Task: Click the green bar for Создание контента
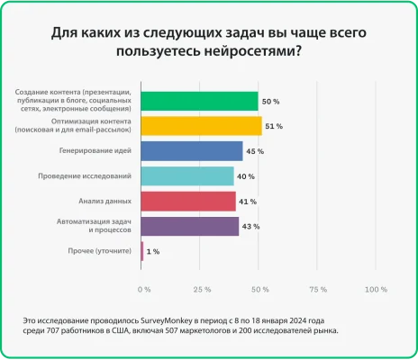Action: pyautogui.click(x=200, y=101)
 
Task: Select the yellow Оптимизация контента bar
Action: pyautogui.click(x=202, y=125)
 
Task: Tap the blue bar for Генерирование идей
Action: pyautogui.click(x=192, y=150)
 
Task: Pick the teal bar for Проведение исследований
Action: pyautogui.click(x=187, y=175)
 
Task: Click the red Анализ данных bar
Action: pyautogui.click(x=188, y=201)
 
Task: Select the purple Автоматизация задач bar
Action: pyautogui.click(x=190, y=226)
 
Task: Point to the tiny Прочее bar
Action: pyautogui.click(x=142, y=251)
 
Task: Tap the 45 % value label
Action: pyautogui.click(x=255, y=151)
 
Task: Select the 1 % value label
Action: pyautogui.click(x=153, y=252)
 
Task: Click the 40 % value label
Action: pyautogui.click(x=246, y=176)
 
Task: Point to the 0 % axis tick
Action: pyautogui.click(x=144, y=290)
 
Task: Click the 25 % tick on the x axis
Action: pyautogui.click(x=202, y=290)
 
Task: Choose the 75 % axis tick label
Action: pyautogui.click(x=317, y=290)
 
